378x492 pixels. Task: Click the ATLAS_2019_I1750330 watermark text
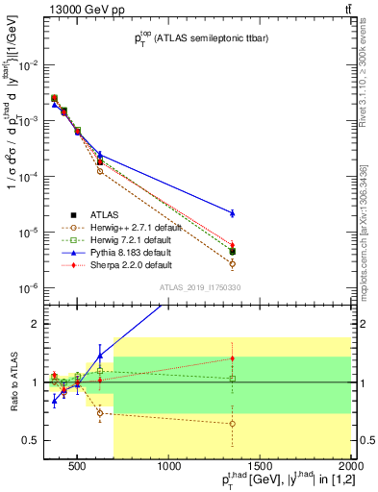point(200,288)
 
